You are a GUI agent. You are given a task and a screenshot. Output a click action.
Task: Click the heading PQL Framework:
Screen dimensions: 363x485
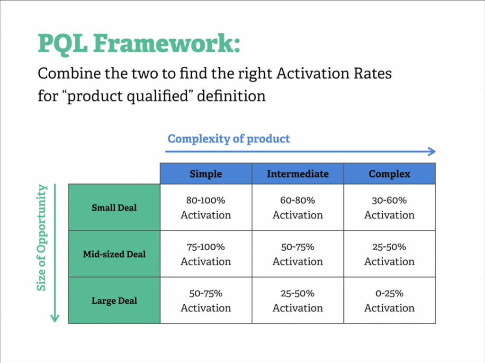click(x=139, y=44)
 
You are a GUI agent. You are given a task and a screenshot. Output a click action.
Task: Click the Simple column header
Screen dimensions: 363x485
click(x=206, y=174)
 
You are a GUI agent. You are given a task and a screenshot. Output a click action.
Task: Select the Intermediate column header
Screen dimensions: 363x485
click(x=297, y=174)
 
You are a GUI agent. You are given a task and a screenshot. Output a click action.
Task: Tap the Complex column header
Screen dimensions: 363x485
click(x=389, y=174)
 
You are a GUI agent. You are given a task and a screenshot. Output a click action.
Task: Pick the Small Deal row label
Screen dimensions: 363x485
click(x=114, y=208)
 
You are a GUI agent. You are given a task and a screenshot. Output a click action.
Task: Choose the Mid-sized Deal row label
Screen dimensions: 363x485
click(x=114, y=254)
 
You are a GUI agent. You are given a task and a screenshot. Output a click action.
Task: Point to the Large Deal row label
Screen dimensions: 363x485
click(x=114, y=300)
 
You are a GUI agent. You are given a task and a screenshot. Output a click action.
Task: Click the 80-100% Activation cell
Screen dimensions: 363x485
click(x=206, y=208)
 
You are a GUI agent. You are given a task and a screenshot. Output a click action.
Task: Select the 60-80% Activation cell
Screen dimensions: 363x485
click(x=297, y=208)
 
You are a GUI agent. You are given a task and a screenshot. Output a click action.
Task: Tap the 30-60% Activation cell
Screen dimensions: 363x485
click(x=389, y=208)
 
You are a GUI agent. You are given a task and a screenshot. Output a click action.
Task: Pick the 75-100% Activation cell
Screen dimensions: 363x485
click(x=206, y=254)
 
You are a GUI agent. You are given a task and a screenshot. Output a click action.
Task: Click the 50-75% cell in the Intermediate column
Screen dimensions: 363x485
click(x=297, y=254)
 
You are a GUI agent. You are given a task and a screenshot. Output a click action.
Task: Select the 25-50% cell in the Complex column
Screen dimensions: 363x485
click(x=389, y=254)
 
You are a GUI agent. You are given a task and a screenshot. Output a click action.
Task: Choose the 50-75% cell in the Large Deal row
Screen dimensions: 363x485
click(x=206, y=300)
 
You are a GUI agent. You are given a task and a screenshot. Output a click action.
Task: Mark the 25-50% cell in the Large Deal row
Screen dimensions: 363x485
click(x=297, y=300)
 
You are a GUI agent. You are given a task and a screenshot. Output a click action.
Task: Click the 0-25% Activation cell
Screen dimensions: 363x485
click(x=389, y=300)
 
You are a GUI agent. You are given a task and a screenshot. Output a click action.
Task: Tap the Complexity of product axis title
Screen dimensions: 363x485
click(x=229, y=139)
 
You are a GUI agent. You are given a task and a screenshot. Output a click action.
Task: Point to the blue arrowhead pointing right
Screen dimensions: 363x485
click(x=431, y=152)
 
